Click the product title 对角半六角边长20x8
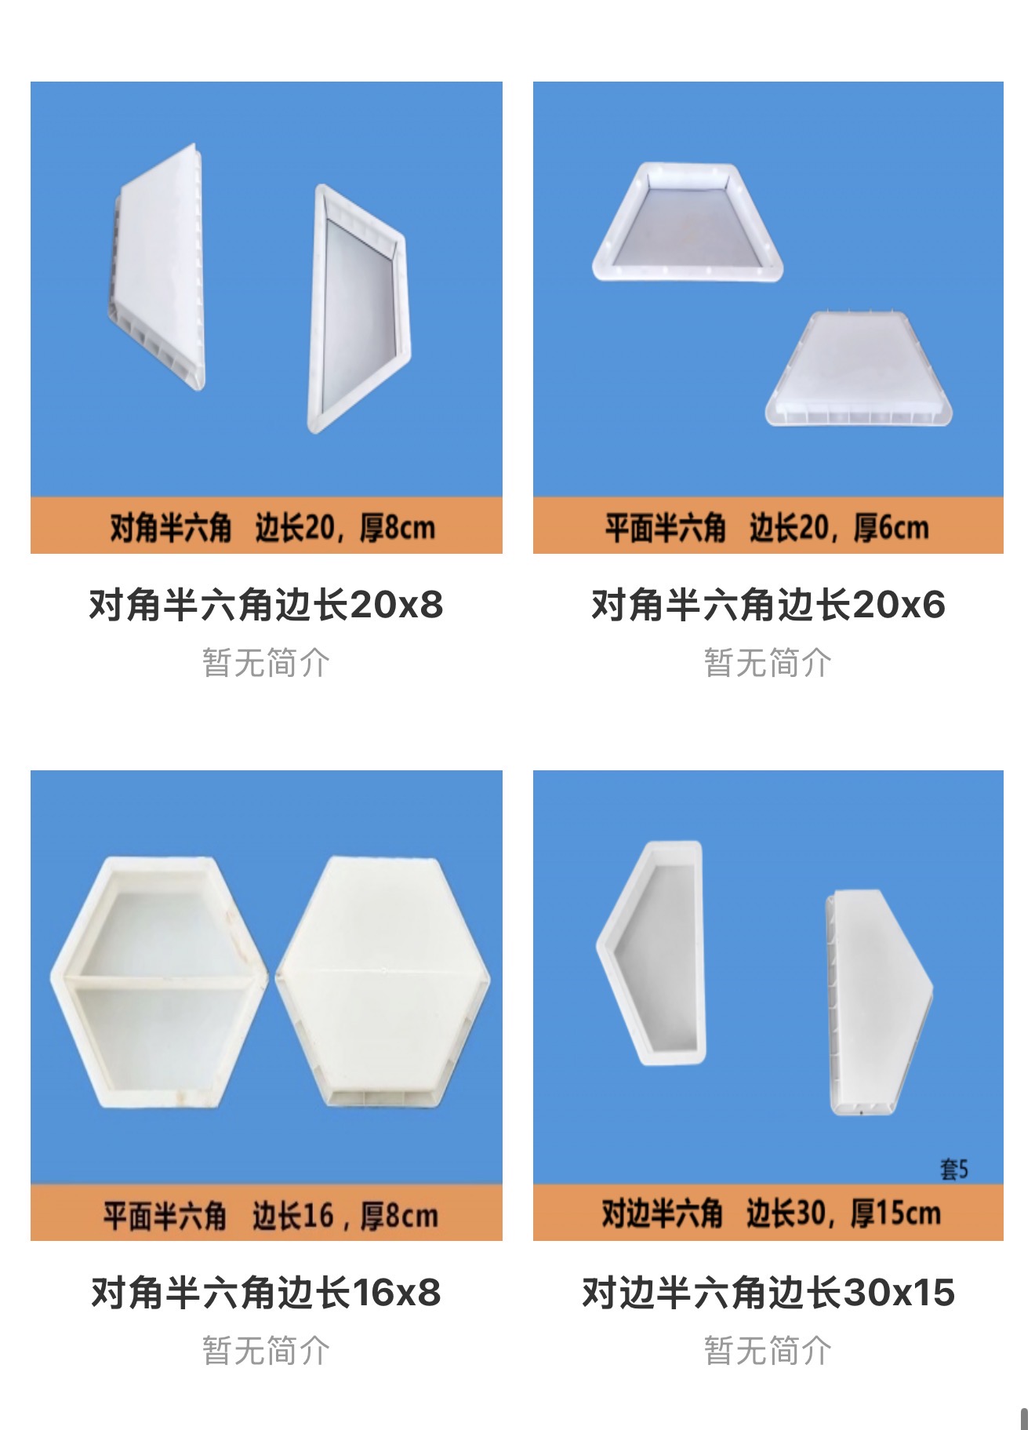point(266,605)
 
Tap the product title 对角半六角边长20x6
point(768,605)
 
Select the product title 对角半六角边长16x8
point(266,1293)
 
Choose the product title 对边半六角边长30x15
point(768,1293)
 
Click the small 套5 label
point(954,1170)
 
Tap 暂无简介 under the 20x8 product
point(266,663)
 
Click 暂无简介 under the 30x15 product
point(768,1351)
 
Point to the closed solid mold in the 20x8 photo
point(156,267)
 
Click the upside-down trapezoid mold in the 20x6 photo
point(859,369)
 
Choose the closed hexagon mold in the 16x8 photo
point(383,982)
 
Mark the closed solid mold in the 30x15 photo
point(878,1002)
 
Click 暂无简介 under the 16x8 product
point(266,1351)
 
